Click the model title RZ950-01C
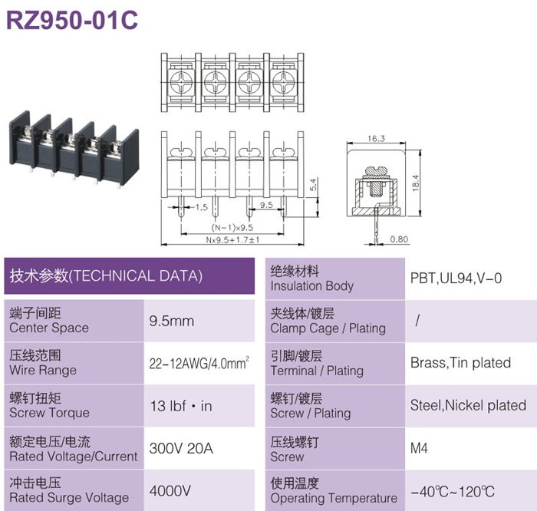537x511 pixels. pos(72,20)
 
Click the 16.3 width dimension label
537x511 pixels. pos(376,138)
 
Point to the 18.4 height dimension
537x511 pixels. pos(416,183)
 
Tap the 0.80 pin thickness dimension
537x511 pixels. pos(399,239)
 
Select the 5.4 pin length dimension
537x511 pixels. pos(313,185)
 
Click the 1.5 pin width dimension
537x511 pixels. pos(201,207)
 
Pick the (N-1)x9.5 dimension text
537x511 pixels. pos(232,227)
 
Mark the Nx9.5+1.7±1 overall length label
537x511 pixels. pos(232,239)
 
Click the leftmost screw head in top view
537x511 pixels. pos(181,83)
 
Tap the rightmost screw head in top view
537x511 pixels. pos(283,83)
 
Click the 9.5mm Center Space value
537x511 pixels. pos(172,321)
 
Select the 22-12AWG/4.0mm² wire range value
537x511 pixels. pos(199,363)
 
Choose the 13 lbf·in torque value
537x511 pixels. pos(181,406)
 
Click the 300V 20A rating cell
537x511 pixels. pos(181,448)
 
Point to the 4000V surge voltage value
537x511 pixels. pos(170,491)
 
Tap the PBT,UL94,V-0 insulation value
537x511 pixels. pos(456,278)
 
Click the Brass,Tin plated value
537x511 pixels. pos(460,363)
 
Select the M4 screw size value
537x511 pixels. pos(419,448)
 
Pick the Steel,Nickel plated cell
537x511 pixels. pos(468,406)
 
